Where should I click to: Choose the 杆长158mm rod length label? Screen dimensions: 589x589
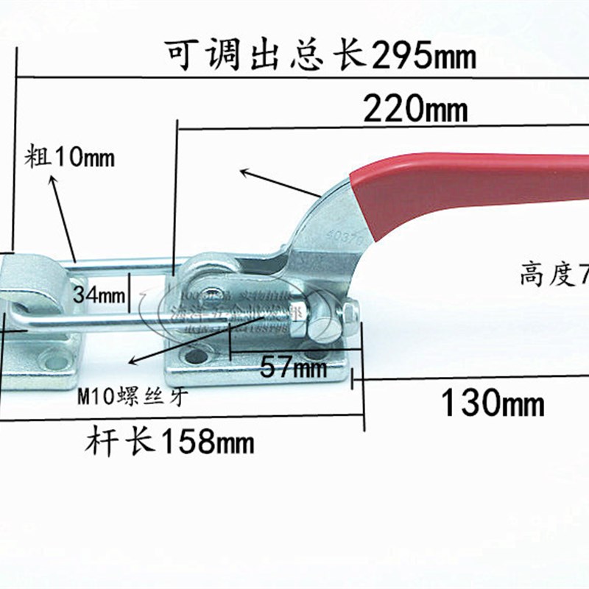[x=170, y=443]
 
